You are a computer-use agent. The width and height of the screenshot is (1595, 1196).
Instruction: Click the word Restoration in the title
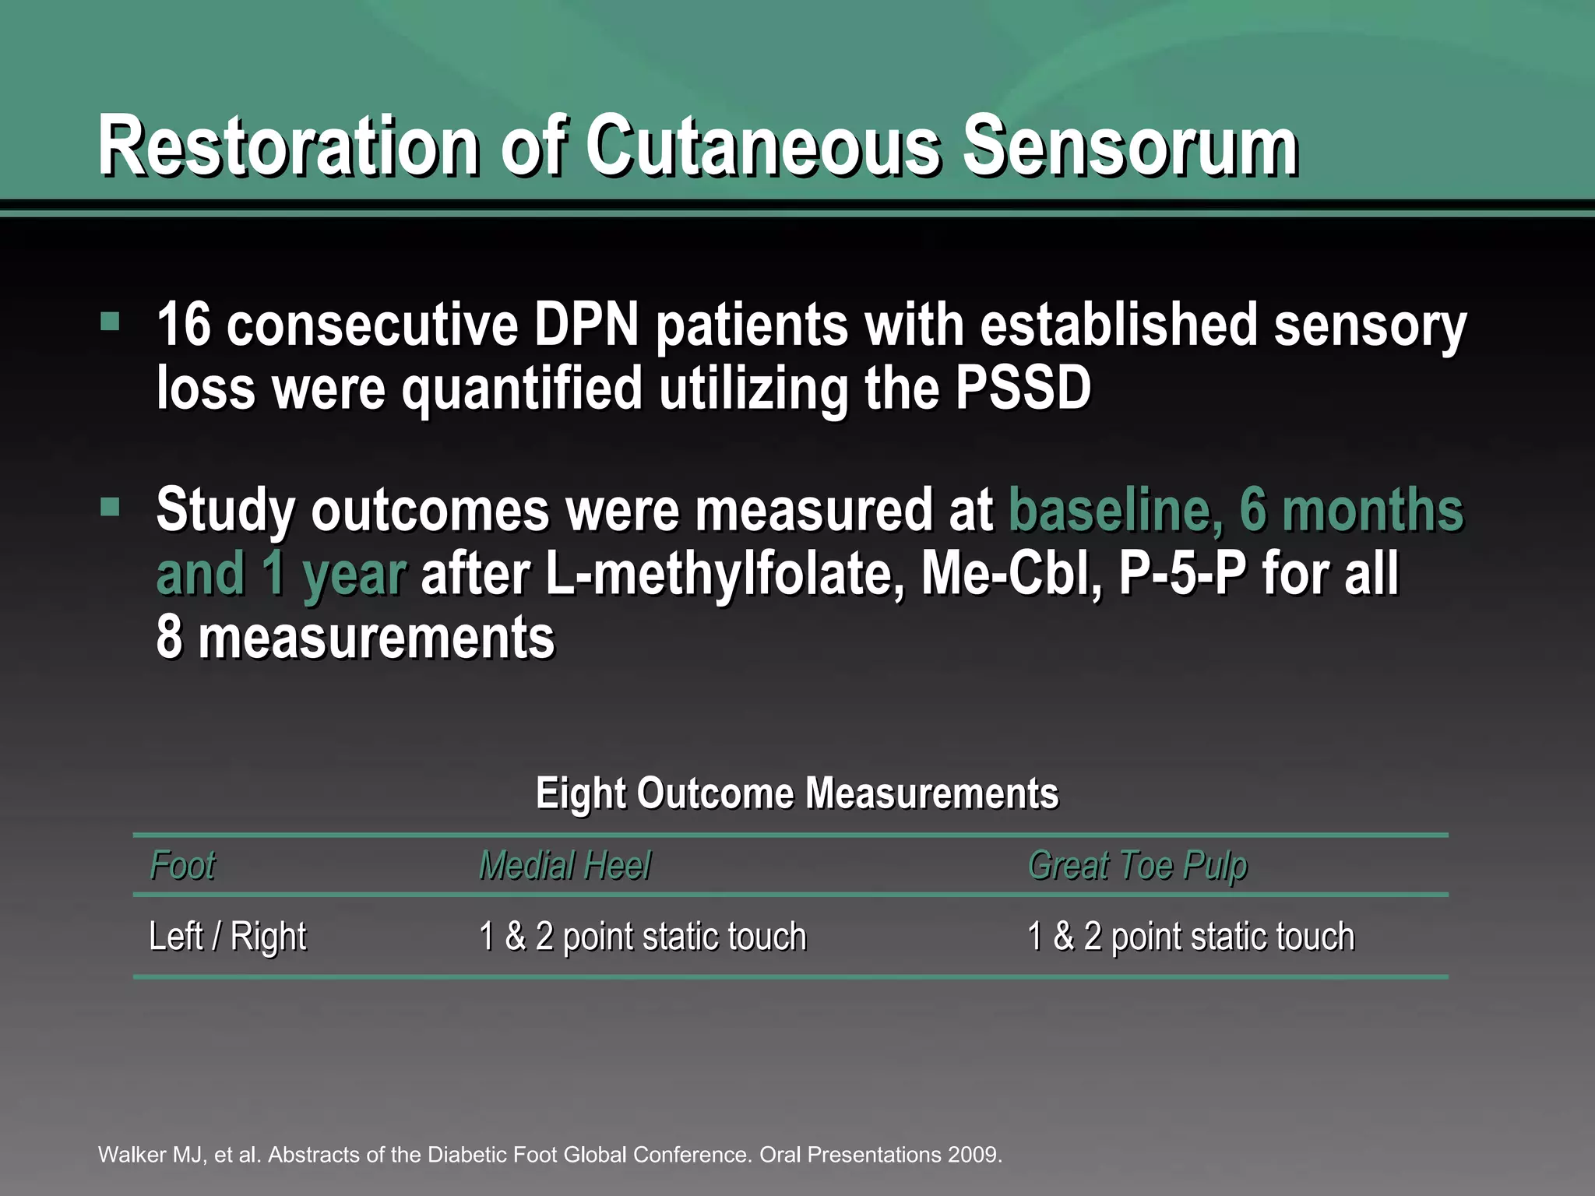(x=288, y=146)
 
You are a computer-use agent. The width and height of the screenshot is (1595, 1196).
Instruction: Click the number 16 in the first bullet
(x=184, y=325)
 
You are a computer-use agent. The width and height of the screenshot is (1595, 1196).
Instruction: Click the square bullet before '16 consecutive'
(x=110, y=322)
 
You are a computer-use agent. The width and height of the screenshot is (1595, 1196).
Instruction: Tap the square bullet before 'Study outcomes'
(x=110, y=508)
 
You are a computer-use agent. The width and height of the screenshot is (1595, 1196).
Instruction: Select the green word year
(x=354, y=575)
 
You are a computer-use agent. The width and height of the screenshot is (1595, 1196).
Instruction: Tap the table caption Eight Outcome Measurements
(x=797, y=793)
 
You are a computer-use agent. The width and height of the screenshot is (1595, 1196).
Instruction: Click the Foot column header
(x=182, y=865)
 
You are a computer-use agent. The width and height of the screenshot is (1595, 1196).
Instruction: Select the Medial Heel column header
(x=565, y=865)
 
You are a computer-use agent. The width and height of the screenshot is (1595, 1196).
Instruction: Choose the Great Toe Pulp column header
(x=1137, y=865)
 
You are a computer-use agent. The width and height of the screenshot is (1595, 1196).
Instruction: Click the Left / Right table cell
(x=227, y=937)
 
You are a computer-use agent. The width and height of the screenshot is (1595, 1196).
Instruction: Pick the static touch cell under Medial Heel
(x=643, y=937)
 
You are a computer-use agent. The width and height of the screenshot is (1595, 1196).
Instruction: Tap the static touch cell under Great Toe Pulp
(x=1191, y=937)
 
